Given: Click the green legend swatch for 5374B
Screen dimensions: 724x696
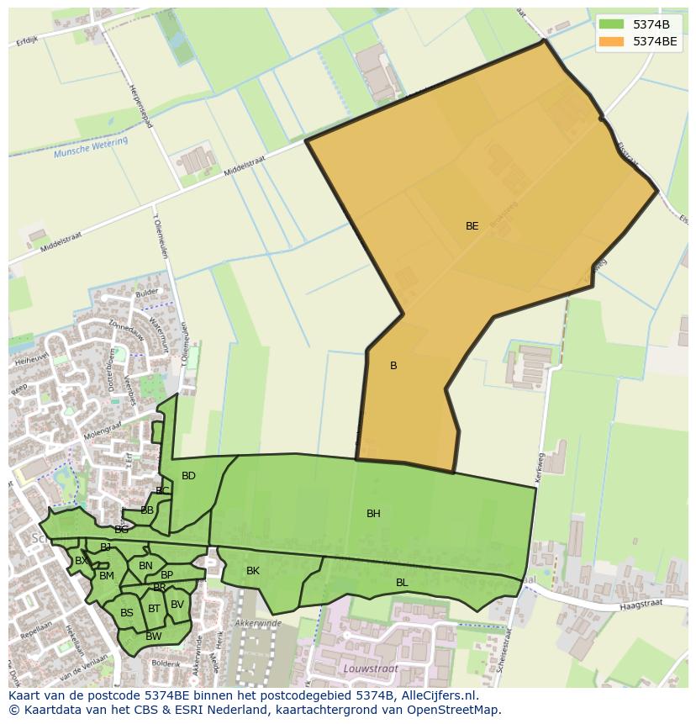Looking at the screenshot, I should click(611, 24).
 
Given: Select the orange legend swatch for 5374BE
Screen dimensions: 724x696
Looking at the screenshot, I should click(611, 41).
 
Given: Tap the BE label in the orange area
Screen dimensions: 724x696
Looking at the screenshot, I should click(472, 226).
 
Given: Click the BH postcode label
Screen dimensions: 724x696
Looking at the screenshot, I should click(373, 514).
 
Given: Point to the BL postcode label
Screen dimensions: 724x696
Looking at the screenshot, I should click(402, 583).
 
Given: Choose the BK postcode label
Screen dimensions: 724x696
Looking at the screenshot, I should click(253, 572).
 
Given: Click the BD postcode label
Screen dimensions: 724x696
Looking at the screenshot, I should click(188, 476).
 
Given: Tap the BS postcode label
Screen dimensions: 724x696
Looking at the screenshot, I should click(127, 613).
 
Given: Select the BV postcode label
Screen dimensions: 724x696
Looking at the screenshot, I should click(177, 605).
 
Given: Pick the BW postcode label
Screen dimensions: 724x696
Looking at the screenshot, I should click(153, 637).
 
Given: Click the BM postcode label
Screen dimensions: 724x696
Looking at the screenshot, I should click(107, 576).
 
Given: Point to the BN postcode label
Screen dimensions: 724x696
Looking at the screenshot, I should click(145, 566).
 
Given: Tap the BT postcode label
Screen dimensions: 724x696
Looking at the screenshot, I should click(154, 609).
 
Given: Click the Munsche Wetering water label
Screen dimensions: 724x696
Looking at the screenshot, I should click(91, 148).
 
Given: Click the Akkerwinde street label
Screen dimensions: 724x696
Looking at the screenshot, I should click(258, 623).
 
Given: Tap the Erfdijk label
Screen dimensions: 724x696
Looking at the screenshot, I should click(27, 40).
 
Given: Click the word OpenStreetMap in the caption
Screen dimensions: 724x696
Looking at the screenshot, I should click(455, 710).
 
